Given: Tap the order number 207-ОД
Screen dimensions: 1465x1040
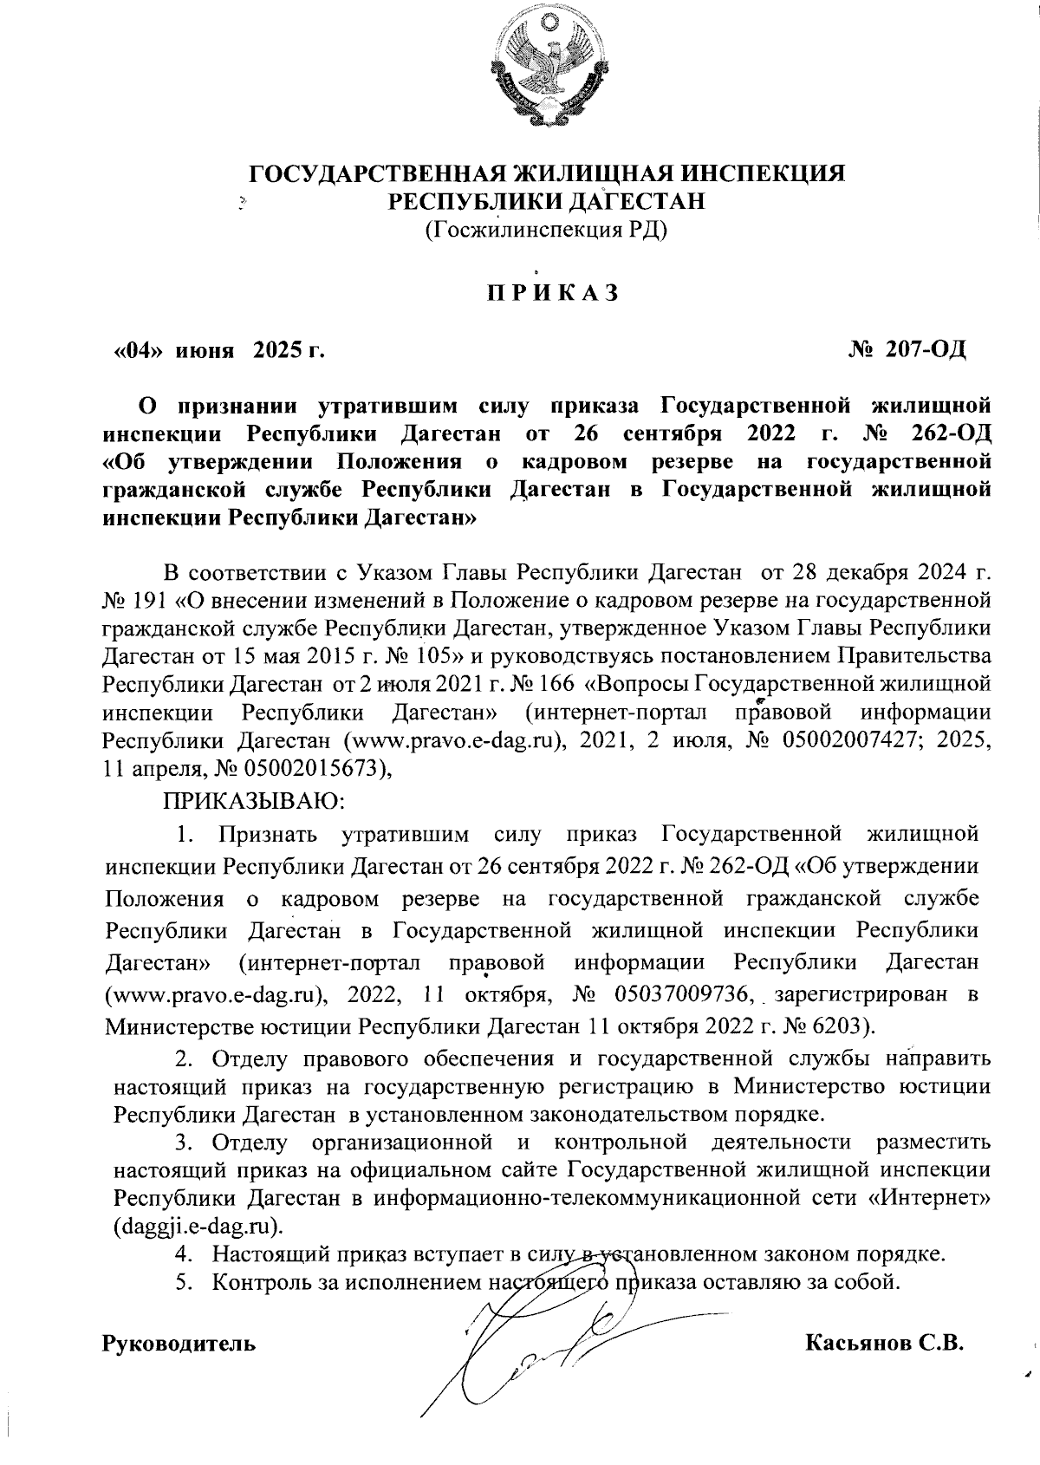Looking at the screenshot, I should point(907,350).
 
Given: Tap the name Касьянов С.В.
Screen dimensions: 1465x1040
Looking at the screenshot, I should point(884,1344).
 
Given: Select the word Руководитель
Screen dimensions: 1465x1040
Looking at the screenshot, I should point(179,1345).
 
